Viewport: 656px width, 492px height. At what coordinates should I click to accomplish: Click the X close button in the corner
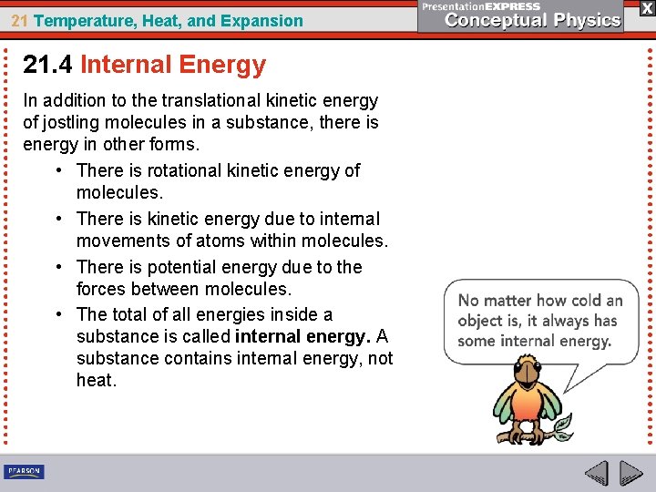pos(646,8)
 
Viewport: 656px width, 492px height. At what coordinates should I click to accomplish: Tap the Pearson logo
pos(25,471)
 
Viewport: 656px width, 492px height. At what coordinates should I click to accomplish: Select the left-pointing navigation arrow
pos(596,473)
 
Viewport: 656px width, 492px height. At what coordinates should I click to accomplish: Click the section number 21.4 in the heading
pos(48,65)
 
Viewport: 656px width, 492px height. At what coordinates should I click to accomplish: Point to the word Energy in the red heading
pos(222,65)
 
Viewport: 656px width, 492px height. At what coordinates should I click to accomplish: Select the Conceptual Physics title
pos(533,20)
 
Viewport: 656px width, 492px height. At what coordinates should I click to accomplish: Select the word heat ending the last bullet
pos(96,380)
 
